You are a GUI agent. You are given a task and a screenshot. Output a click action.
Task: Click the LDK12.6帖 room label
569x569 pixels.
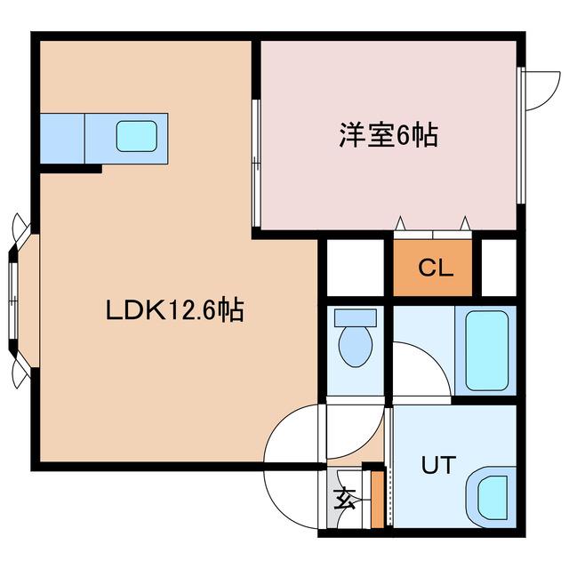coord(175,311)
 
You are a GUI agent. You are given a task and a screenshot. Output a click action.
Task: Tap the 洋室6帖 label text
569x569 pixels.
coord(387,136)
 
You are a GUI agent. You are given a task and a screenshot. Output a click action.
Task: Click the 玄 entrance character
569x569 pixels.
coord(343,499)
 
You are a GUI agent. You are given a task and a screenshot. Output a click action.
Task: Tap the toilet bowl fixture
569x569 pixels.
coord(356,345)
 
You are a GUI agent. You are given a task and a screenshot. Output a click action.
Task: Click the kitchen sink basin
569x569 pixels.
coord(138,136)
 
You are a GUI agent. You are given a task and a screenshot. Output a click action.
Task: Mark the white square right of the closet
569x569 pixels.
coord(499,267)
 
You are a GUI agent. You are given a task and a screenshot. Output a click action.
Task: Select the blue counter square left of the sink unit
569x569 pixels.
coord(61,136)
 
